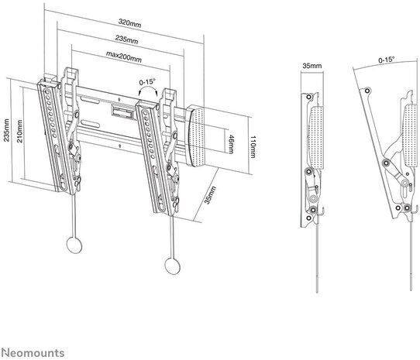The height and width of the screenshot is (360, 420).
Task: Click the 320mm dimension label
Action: pos(129,23)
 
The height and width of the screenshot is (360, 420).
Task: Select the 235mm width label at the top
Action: pos(126,39)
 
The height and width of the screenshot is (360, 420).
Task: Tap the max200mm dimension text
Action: pos(124,57)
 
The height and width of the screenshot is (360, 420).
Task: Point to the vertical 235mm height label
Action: pos(6,130)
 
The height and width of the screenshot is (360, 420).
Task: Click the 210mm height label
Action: pos(20,131)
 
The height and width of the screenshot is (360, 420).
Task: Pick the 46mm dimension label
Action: pos(232,145)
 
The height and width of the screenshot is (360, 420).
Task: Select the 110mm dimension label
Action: pos(253,147)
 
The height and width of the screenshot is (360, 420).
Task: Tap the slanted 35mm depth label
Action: pos(210,195)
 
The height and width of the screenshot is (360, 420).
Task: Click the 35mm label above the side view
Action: pos(312,66)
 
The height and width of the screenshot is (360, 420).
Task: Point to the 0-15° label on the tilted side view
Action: pos(386,60)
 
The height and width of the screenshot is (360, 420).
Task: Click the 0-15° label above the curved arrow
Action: pos(147,82)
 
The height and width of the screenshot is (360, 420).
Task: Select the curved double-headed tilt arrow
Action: pos(147,87)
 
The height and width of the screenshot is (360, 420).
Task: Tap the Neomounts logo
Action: pos(33,353)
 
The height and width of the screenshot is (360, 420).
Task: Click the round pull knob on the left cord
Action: pos(74,245)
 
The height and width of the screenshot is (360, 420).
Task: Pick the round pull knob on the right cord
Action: pos(172,266)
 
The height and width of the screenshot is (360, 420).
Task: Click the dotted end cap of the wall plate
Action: pos(196,135)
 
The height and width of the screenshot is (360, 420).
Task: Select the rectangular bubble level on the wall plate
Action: pos(122,111)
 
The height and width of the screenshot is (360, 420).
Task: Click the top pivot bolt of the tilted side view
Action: pos(367,91)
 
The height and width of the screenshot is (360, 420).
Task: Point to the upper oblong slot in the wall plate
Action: pos(90,101)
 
